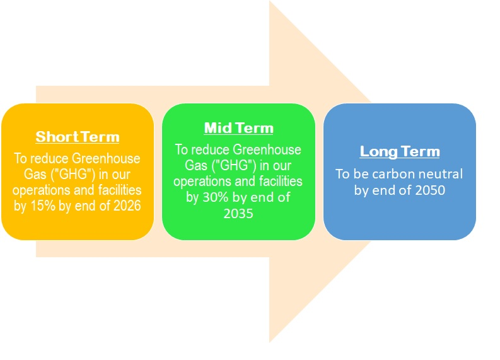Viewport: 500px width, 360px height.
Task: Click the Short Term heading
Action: point(78,137)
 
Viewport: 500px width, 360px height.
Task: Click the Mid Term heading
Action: point(238,128)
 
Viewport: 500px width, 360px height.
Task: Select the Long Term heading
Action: point(400,151)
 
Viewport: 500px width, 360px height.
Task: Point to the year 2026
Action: point(127,206)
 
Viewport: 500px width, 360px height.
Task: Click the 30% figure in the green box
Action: point(216,197)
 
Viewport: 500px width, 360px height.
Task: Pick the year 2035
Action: point(238,213)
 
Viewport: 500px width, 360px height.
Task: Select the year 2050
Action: point(430,190)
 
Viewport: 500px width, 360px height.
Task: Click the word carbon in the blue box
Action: point(393,174)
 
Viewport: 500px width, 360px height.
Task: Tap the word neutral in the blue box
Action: point(440,174)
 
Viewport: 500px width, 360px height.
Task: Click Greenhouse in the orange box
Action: point(106,158)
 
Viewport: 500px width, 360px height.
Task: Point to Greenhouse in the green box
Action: point(267,149)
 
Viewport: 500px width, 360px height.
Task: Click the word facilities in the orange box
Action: point(120,190)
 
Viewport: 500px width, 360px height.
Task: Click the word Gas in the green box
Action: point(196,165)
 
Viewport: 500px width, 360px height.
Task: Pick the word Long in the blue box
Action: point(379,151)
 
